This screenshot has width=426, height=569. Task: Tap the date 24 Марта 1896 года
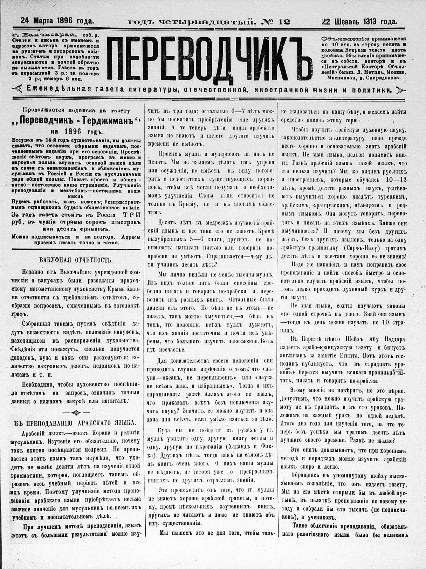point(57,21)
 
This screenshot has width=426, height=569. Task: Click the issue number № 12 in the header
point(276,22)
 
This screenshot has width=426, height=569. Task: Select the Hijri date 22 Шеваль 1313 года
point(359,21)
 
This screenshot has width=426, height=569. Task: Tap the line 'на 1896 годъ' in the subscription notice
point(76,132)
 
